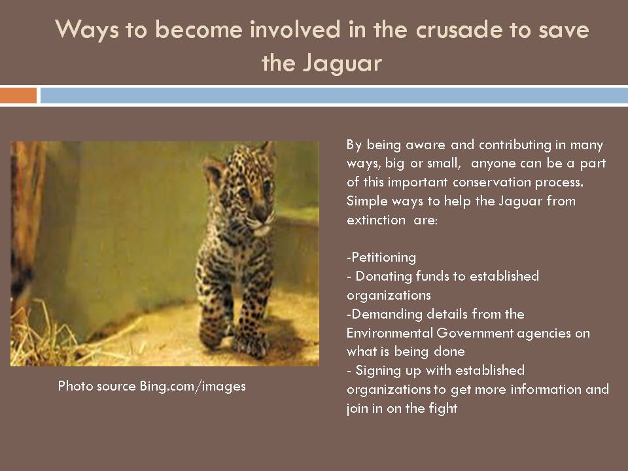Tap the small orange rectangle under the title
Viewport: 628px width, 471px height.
click(18, 96)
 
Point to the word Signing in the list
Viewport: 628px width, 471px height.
click(376, 370)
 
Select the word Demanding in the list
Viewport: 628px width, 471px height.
click(380, 314)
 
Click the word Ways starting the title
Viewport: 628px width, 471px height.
click(84, 31)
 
